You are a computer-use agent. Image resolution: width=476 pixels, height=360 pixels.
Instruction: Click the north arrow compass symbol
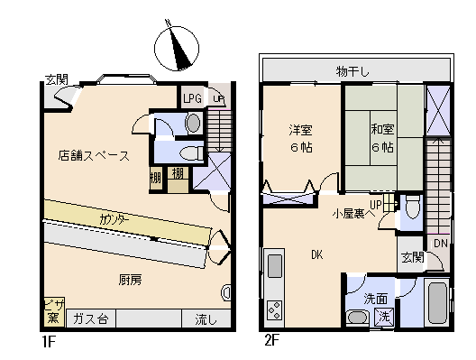point(176,48)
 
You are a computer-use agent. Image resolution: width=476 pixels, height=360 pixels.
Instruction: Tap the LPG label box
point(192,98)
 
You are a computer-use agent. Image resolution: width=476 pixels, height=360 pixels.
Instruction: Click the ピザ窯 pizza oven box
point(53,311)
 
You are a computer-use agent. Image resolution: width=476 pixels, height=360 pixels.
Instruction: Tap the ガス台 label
point(90,319)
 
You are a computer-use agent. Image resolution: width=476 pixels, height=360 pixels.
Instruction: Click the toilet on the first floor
point(186,152)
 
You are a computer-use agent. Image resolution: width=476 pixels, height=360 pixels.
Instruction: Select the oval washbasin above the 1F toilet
point(193,123)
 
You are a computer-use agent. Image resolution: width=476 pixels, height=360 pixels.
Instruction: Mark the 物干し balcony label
point(353,70)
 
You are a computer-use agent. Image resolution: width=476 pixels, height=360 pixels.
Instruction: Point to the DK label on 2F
point(317,254)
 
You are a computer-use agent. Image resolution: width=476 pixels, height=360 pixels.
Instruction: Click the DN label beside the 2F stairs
point(439,244)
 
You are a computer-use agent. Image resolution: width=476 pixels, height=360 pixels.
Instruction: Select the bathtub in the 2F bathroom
point(436,304)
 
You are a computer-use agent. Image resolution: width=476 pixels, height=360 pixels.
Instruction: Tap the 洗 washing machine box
point(385,317)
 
